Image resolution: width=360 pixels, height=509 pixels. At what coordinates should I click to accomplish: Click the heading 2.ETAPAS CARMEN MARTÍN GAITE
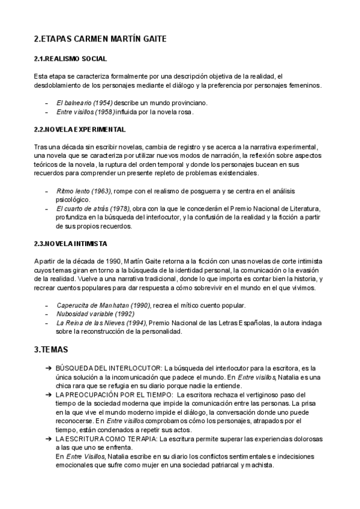(x=100, y=39)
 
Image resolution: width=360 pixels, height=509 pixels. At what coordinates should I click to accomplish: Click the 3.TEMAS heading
(x=51, y=349)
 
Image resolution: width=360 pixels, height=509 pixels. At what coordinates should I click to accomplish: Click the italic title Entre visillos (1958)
(x=85, y=112)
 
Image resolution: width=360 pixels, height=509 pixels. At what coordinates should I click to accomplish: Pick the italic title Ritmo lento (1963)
(x=83, y=191)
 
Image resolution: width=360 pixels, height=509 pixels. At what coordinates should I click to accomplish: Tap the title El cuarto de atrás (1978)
(x=92, y=208)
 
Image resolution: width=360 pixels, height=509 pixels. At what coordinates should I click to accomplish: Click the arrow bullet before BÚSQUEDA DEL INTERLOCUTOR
(x=47, y=367)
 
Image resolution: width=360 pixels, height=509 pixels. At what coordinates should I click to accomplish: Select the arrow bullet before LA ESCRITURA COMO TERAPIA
(x=47, y=439)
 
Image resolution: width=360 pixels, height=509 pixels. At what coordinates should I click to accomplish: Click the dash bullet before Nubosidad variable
(x=47, y=313)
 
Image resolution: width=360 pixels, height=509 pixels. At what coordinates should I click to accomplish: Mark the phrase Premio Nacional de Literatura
(x=278, y=208)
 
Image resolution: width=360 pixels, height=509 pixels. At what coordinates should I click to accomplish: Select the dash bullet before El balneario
(x=47, y=103)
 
